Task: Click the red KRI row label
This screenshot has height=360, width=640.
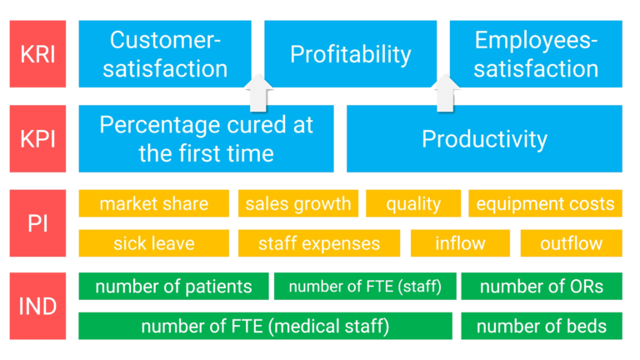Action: tap(37, 54)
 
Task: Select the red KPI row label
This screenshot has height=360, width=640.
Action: tap(37, 138)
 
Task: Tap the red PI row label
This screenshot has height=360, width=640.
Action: tap(37, 222)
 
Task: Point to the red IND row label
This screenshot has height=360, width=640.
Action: tap(37, 306)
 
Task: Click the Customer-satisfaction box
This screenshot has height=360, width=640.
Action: tap(165, 54)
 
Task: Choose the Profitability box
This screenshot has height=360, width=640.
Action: tap(350, 54)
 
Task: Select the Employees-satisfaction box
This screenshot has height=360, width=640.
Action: tap(536, 54)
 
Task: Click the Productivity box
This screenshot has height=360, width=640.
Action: tap(484, 138)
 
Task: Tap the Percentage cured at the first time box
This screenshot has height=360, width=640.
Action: tap(206, 138)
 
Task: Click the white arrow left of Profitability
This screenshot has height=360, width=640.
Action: tap(258, 92)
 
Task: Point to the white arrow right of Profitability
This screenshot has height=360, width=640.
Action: tap(447, 92)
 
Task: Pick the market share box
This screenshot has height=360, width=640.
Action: tap(154, 203)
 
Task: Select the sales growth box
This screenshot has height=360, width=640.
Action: tap(297, 203)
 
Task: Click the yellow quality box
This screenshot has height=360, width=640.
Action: tap(412, 203)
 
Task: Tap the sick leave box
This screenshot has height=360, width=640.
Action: tap(154, 243)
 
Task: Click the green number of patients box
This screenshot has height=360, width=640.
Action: tap(173, 287)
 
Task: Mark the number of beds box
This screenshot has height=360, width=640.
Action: tap(541, 326)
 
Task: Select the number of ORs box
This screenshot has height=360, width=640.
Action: tap(541, 287)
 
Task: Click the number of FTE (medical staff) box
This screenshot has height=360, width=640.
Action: tap(265, 326)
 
